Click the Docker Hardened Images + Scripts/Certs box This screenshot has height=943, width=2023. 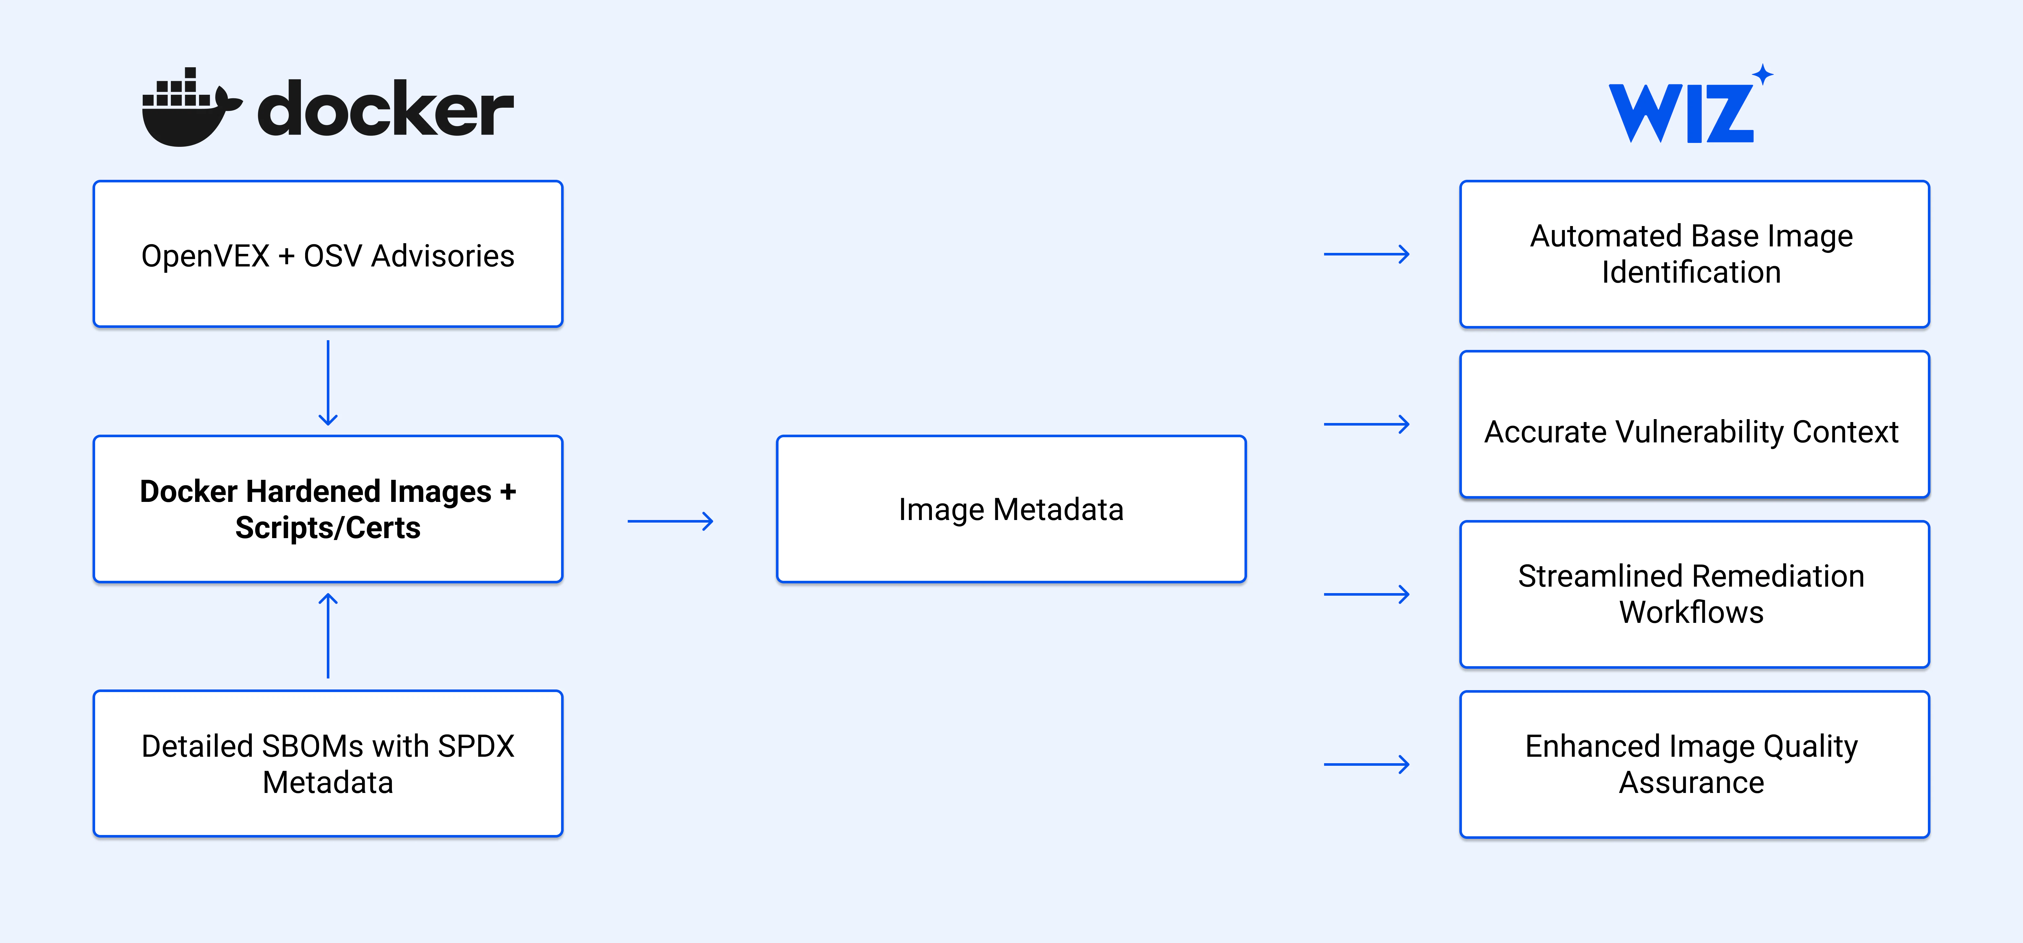pos(328,509)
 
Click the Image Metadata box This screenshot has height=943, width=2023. pos(1011,509)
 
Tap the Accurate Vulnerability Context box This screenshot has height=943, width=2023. pos(1695,424)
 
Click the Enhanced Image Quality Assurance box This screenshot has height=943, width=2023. pos(1695,764)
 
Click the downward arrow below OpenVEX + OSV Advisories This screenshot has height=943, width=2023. pos(328,382)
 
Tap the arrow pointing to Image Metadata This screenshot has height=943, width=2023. pos(670,521)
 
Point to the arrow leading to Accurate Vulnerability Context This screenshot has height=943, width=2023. pos(1366,424)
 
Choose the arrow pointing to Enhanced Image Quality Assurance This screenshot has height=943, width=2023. pos(1366,764)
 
